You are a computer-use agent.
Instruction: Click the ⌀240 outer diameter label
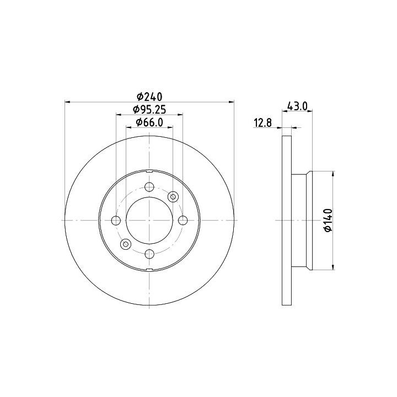(x=149, y=96)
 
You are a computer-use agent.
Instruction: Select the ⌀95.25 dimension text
(x=149, y=110)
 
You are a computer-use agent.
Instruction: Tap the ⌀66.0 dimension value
(x=149, y=122)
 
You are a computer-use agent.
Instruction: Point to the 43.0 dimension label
(x=297, y=106)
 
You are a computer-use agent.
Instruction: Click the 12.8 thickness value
(x=263, y=123)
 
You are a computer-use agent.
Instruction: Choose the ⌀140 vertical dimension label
(x=328, y=220)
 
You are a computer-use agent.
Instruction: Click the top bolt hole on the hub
(x=149, y=187)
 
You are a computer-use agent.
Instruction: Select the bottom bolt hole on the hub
(x=149, y=254)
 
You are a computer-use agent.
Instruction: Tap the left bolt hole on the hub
(x=116, y=221)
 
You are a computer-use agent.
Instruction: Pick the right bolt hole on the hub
(x=183, y=221)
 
